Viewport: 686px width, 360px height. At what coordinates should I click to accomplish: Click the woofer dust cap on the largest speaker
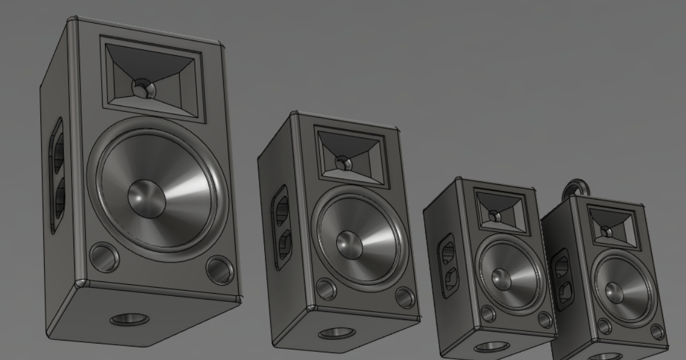pyautogui.click(x=146, y=198)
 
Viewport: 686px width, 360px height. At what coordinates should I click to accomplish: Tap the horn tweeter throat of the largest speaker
pyautogui.click(x=142, y=88)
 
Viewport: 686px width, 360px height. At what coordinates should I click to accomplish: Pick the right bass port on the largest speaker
pyautogui.click(x=220, y=269)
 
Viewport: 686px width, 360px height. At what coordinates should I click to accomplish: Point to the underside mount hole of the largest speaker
pyautogui.click(x=130, y=319)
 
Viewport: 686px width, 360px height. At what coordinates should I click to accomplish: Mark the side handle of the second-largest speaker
pyautogui.click(x=281, y=227)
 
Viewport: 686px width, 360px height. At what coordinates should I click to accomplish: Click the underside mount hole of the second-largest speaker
pyautogui.click(x=337, y=333)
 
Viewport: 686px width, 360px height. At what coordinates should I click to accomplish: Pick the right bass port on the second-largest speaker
pyautogui.click(x=405, y=297)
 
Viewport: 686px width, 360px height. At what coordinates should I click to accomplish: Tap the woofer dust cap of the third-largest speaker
pyautogui.click(x=502, y=280)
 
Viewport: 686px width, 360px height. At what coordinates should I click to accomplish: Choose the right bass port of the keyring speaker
pyautogui.click(x=657, y=332)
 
